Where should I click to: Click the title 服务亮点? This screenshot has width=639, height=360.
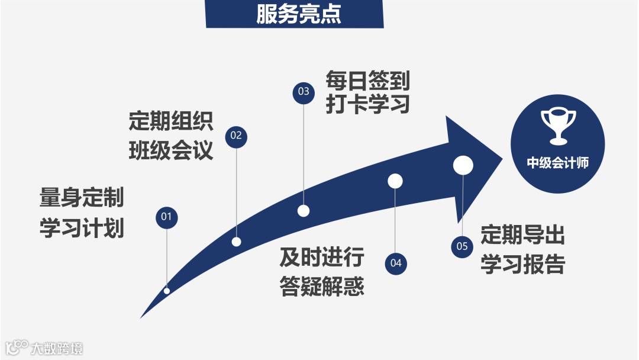pyautogui.click(x=298, y=14)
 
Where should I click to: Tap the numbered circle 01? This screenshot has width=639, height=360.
pyautogui.click(x=166, y=217)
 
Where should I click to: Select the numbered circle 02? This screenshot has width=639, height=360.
pyautogui.click(x=236, y=136)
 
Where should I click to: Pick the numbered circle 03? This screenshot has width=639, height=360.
pyautogui.click(x=304, y=92)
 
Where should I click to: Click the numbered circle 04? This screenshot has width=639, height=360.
pyautogui.click(x=396, y=263)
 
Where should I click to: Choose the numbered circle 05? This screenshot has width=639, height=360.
pyautogui.click(x=463, y=246)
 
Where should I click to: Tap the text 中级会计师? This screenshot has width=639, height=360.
pyautogui.click(x=557, y=163)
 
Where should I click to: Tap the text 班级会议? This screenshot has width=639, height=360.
pyautogui.click(x=171, y=151)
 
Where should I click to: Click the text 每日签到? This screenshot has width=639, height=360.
pyautogui.click(x=367, y=80)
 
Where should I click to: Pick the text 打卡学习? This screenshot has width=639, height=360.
pyautogui.click(x=367, y=105)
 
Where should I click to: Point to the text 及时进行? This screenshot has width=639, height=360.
pyautogui.click(x=322, y=258)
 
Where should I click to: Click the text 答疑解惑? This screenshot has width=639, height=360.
pyautogui.click(x=322, y=287)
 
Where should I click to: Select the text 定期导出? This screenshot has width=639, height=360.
pyautogui.click(x=522, y=235)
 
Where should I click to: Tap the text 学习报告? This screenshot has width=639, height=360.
pyautogui.click(x=522, y=265)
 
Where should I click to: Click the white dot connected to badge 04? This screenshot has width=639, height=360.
pyautogui.click(x=395, y=181)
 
